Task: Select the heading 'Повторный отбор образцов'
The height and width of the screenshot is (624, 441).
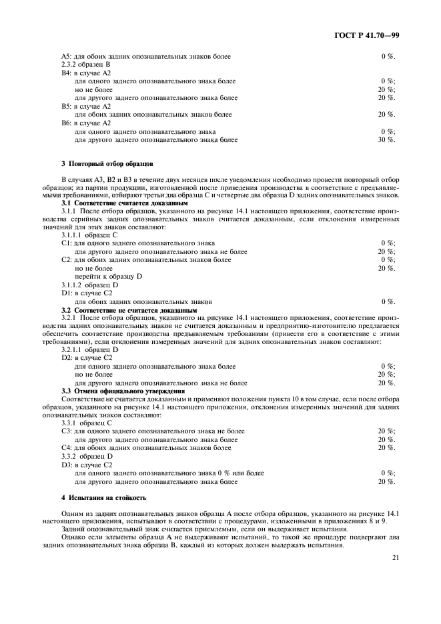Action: tap(109, 163)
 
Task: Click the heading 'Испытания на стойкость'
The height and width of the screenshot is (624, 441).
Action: tap(102, 498)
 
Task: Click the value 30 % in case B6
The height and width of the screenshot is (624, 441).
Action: tap(386, 140)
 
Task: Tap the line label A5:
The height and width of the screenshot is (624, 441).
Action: tap(67, 57)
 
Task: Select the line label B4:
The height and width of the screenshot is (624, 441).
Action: tap(67, 73)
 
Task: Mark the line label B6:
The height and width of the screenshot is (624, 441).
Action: tap(67, 123)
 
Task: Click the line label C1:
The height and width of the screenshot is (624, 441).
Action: tap(67, 243)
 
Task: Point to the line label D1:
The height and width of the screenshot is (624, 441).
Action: tap(67, 293)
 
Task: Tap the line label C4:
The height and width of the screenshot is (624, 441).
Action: tap(67, 447)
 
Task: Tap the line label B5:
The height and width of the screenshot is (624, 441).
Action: tap(67, 106)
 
